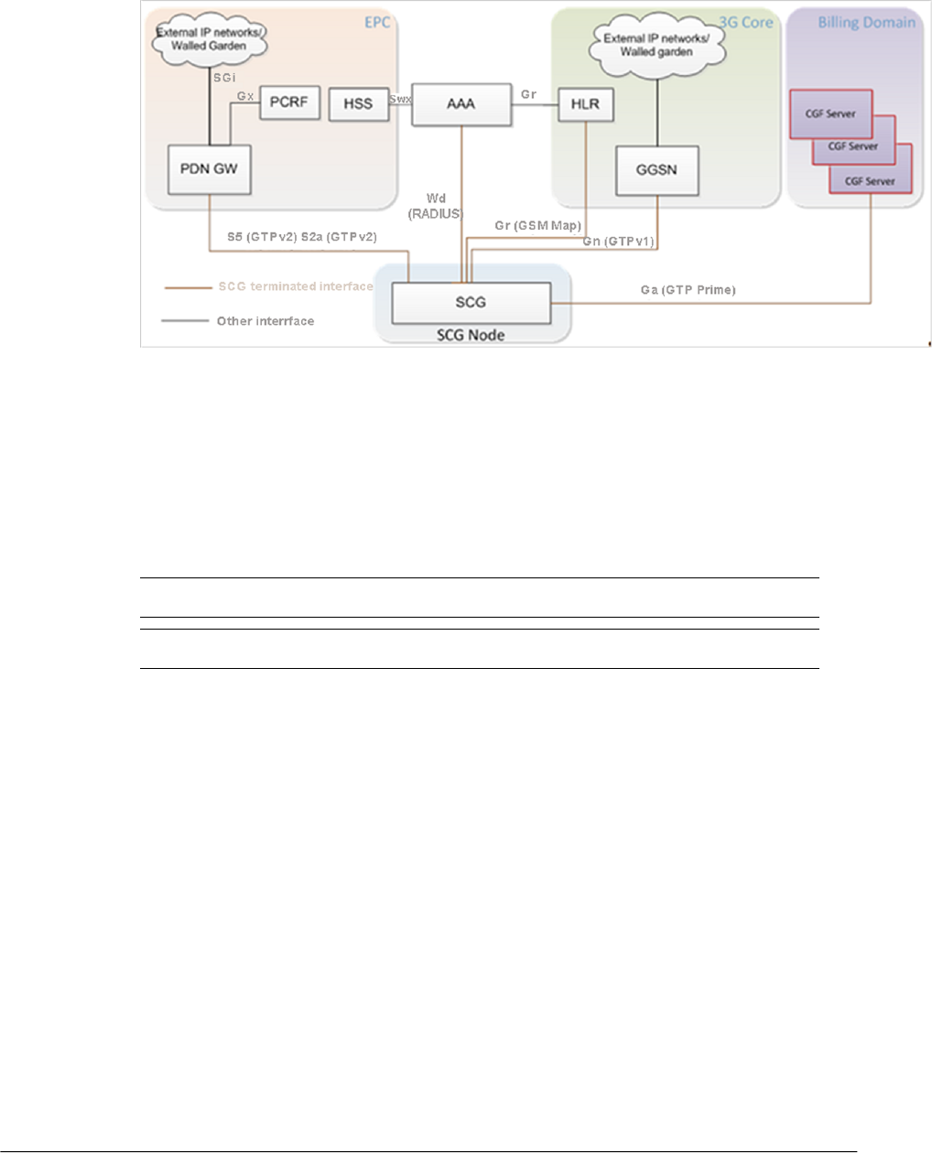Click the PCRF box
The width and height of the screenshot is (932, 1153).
pos(289,102)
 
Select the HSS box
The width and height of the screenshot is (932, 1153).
pos(358,103)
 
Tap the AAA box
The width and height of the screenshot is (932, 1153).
pos(461,103)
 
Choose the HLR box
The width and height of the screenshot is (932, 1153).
pos(585,104)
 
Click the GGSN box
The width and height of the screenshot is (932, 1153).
pos(656,170)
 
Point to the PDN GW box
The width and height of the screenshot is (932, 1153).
pos(210,169)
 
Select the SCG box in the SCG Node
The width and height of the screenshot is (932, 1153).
pos(471,302)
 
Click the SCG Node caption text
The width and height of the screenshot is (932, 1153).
pos(471,335)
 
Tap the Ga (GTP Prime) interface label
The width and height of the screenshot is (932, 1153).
pos(688,290)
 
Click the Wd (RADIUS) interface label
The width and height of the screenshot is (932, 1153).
pos(436,206)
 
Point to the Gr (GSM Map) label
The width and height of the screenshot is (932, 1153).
pos(537,225)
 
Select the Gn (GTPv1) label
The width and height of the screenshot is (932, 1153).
pos(618,242)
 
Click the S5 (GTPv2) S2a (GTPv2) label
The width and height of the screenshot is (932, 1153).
pos(302,237)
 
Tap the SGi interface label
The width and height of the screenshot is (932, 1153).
pos(224,78)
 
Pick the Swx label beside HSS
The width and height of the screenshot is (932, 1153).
pos(399,95)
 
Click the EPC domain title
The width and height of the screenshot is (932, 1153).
pos(377,21)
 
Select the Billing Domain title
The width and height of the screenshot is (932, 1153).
pos(866,22)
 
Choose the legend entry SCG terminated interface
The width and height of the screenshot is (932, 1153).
pos(295,286)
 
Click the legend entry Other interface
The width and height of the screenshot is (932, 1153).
pos(265,321)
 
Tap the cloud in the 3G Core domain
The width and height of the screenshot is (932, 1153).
pos(656,44)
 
